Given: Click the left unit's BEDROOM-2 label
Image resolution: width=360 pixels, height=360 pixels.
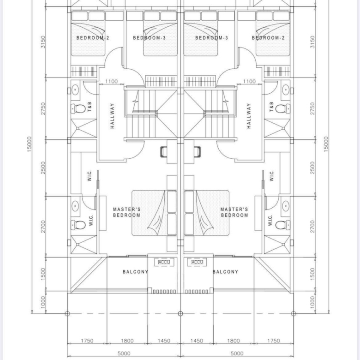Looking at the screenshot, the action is coord(92,38).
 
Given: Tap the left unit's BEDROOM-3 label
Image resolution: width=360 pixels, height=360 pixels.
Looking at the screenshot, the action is coord(149,38).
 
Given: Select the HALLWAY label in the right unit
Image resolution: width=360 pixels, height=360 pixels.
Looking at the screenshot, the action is coord(249,116).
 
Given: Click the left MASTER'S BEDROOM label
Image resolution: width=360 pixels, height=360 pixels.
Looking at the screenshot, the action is coord(127,212).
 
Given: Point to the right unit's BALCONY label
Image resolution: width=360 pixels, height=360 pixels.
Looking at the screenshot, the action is coord(225,272).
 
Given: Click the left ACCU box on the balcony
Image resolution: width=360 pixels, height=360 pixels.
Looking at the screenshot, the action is coord(164,262).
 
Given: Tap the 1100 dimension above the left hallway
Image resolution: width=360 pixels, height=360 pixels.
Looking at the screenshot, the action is coord(111,81).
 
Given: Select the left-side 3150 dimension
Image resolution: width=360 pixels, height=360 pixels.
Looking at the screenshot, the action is coord(43,42).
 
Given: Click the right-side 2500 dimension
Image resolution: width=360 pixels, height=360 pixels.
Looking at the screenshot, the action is coord(312,168).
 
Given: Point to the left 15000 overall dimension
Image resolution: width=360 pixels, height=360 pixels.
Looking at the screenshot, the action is coord(30,144).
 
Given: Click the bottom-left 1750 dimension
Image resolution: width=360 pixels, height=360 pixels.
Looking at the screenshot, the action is coord(87,341).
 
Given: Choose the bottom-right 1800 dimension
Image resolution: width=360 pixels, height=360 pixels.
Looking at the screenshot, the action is coord(234,341).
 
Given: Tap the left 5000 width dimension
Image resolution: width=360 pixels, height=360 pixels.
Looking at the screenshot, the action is coord(124,354).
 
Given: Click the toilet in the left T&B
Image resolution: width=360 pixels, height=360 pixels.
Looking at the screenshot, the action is coord(78,108).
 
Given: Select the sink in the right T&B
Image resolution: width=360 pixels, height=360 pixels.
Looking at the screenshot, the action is coord(286,90).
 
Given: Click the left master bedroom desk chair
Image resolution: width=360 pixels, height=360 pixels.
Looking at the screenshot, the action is coord(163,152).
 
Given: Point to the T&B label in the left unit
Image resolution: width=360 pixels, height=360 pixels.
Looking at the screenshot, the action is coord(90,107).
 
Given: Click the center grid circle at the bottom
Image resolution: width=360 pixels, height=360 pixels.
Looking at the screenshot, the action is coord(180,313).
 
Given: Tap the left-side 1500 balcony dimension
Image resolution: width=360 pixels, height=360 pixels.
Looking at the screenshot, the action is coord(43,274).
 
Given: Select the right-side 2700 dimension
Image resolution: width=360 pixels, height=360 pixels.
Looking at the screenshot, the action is coord(312,226).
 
